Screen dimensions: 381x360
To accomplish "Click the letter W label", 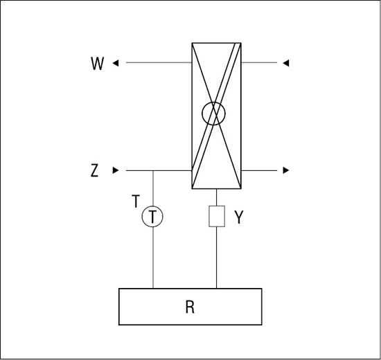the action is pos(97,64).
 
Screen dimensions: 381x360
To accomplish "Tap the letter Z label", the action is pos(94,170).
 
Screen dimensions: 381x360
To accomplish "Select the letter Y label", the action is pos(239,217).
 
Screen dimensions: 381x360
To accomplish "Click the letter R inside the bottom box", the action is pos(190,307).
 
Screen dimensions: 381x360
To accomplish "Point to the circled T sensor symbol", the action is pos(152,217).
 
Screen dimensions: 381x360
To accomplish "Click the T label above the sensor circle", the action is pos(136,201).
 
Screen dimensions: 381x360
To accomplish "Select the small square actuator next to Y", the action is pos(217,217).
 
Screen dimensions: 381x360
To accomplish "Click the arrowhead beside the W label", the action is pos(116,63).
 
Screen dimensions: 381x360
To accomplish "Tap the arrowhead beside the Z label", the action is pos(116,170).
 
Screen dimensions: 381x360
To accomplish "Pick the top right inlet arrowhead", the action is pos(286,63).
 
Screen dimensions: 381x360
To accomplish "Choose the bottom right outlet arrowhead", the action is pos(286,170).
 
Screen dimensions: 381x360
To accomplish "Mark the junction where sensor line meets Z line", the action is pos(153,170).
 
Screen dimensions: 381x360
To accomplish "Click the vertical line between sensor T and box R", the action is pos(153,258).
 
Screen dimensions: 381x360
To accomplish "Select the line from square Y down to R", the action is pos(217,258).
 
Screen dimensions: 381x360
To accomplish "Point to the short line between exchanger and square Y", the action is pos(217,197).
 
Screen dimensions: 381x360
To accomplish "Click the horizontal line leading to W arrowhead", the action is pos(159,63).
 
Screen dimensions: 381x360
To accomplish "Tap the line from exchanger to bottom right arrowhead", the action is pos(259,170).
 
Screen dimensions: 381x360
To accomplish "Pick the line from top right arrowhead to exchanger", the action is pos(259,63).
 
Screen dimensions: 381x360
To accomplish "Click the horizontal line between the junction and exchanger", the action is pos(172,170).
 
